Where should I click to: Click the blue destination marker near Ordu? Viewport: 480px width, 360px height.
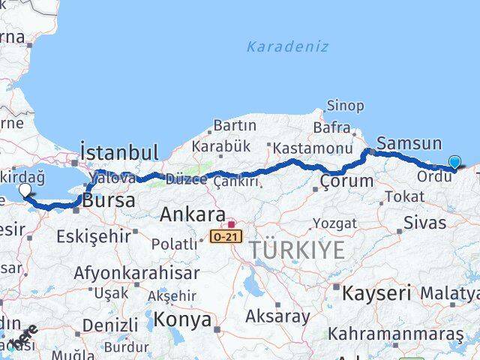click(454, 161)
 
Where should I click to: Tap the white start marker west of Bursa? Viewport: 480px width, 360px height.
click(24, 190)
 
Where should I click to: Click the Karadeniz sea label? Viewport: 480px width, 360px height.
click(287, 46)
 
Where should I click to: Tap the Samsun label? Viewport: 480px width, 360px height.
click(409, 143)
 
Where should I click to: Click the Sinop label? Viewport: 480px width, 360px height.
click(346, 106)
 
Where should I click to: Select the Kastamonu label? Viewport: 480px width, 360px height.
click(313, 148)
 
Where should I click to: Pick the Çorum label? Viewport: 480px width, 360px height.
click(346, 181)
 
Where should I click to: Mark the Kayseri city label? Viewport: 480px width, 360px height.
click(376, 292)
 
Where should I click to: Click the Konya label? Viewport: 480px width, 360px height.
click(181, 320)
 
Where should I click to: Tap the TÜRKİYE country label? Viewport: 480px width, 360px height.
click(298, 250)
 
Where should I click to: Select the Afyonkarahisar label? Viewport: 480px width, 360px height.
click(136, 273)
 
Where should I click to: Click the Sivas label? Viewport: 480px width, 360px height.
click(424, 223)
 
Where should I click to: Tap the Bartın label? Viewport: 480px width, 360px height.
click(235, 125)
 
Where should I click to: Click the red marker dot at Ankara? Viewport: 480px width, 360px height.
click(232, 223)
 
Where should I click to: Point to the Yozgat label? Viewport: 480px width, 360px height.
click(334, 223)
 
